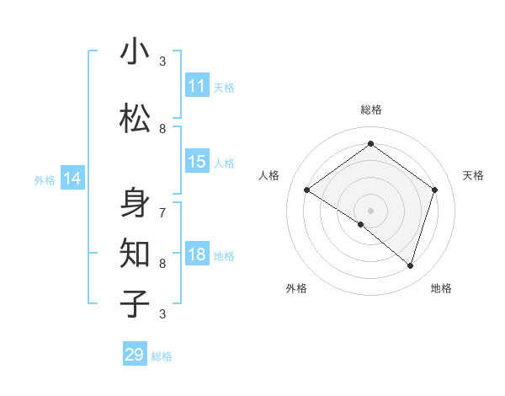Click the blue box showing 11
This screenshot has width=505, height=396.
197,86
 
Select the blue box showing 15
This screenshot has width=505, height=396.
197,162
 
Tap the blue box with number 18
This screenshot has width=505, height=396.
197,255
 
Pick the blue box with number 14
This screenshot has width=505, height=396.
72,179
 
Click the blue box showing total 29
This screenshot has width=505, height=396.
135,355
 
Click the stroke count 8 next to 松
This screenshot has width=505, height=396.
162,128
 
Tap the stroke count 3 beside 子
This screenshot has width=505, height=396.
162,313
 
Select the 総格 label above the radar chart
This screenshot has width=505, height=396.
370,110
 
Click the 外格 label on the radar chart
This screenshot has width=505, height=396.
296,288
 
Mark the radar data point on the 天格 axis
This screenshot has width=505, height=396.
434,190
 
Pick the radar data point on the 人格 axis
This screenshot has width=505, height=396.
307,190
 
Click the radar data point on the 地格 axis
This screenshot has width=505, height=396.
410,265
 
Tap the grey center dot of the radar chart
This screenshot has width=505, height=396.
370,210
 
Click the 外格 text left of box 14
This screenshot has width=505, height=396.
45,179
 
